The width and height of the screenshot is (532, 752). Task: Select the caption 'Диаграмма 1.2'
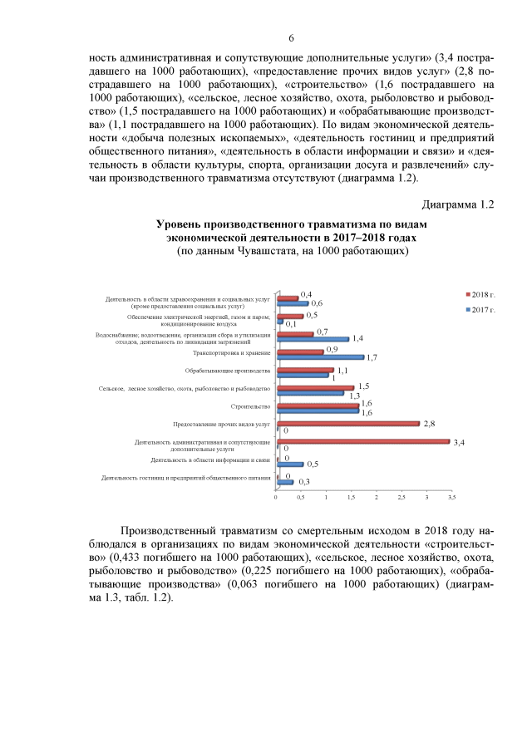coord(458,204)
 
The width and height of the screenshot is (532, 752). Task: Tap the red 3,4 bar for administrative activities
coord(362,441)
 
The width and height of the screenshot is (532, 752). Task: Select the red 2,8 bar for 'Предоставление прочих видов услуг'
coord(348,423)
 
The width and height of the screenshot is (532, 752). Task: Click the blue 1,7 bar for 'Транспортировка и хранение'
coord(320,356)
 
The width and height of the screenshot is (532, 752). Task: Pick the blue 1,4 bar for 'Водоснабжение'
coord(313,339)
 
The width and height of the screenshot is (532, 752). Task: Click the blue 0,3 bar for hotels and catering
coord(285,482)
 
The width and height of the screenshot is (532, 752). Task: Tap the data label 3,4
coord(459,442)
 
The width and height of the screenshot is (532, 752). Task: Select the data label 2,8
coord(430,423)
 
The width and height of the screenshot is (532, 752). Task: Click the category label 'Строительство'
coord(251,406)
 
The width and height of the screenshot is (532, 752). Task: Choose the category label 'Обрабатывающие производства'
coord(228,370)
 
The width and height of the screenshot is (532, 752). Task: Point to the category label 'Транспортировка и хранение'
coord(232,352)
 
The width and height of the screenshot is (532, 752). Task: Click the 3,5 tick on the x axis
coord(451,497)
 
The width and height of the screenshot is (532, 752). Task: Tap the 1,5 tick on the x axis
coord(352,497)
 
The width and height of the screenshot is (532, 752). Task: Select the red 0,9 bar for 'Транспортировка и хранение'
coord(300,351)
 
